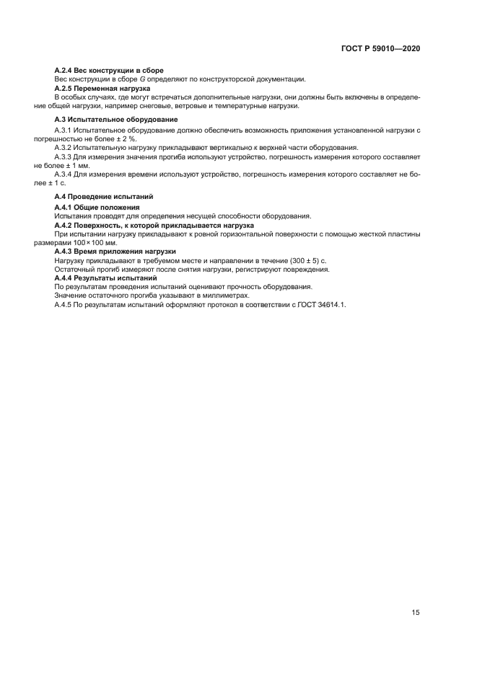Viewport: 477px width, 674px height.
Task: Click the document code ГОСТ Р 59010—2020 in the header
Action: [380, 48]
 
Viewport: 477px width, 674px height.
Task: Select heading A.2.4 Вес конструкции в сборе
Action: [109, 71]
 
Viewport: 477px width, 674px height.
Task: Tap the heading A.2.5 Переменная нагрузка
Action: [102, 88]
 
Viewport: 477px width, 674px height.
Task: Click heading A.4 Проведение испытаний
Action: [104, 197]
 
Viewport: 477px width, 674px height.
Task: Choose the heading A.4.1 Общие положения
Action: [97, 207]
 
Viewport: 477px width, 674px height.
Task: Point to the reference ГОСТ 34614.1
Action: [321, 304]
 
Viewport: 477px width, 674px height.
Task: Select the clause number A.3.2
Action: [63, 147]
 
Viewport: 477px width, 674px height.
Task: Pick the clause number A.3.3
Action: [63, 156]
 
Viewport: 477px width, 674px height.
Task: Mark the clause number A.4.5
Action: [63, 304]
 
